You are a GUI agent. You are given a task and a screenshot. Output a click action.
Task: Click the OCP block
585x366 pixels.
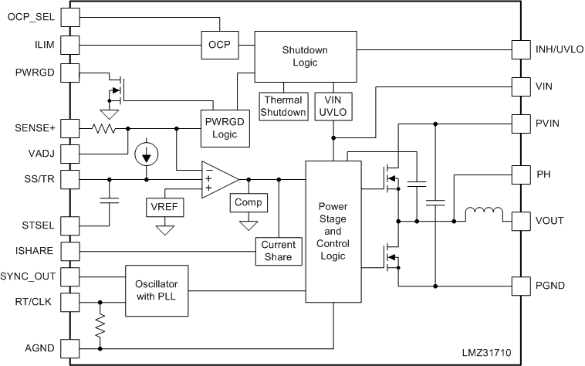218,43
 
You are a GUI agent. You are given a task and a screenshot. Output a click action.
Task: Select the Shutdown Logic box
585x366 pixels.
305,56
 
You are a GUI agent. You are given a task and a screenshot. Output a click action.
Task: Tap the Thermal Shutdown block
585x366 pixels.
283,106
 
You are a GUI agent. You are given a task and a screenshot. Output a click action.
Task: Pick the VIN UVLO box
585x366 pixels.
333,106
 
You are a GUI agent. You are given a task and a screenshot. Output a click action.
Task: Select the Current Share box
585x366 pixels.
277,250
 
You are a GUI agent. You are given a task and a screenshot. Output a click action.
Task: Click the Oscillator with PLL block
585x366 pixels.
157,290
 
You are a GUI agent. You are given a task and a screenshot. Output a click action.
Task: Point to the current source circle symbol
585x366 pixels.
146,154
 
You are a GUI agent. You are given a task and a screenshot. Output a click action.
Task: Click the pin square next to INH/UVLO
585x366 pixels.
522,49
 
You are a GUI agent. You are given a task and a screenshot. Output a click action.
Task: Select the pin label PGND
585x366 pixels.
550,286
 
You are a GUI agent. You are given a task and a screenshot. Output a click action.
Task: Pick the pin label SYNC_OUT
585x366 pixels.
29,276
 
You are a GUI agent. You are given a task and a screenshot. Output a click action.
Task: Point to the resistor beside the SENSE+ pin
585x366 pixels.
104,128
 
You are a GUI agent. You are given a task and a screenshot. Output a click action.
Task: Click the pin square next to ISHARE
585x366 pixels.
69,250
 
